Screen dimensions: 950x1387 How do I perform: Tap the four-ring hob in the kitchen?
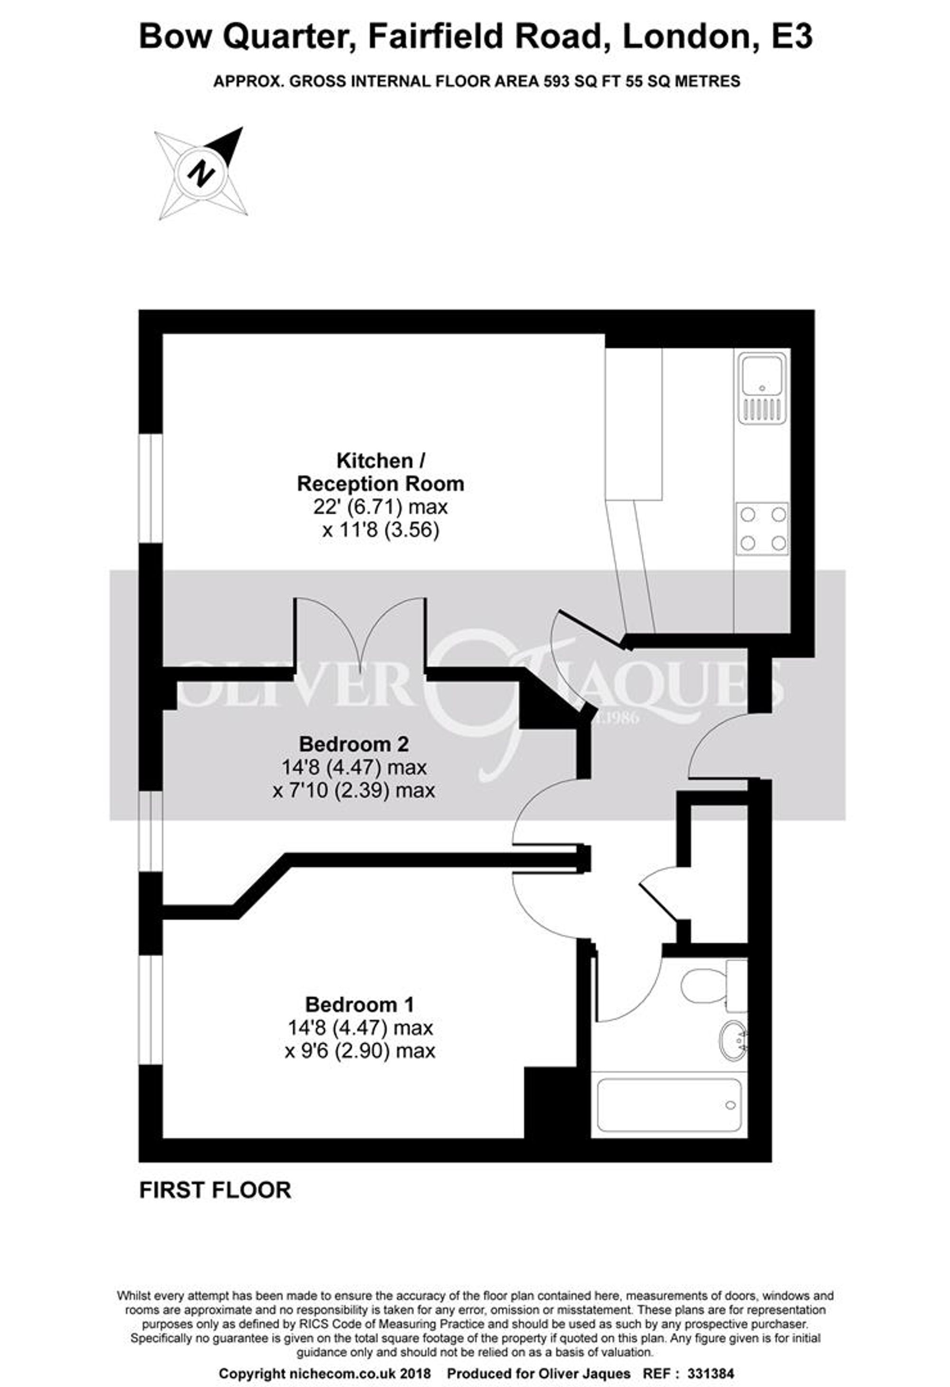pos(763,529)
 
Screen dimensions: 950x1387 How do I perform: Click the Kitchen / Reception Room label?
pos(381,472)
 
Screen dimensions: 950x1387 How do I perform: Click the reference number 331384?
pos(711,1373)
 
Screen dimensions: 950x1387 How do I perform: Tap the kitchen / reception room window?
pos(151,489)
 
